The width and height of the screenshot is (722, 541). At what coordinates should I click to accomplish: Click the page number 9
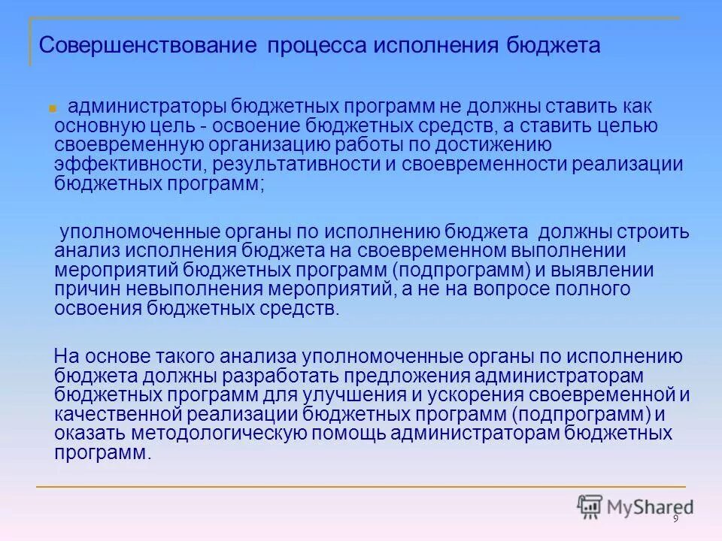pyautogui.click(x=675, y=519)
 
